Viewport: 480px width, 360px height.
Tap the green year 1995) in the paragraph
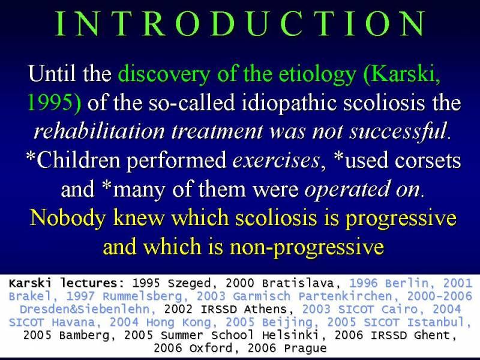[x=55, y=102]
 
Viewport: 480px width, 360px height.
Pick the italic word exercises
[x=275, y=160]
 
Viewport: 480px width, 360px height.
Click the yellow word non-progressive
[x=307, y=247]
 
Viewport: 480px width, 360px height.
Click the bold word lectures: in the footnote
[x=92, y=283]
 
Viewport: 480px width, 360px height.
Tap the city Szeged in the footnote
[x=189, y=283]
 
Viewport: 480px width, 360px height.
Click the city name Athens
[x=265, y=309]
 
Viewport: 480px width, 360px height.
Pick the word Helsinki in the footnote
[x=290, y=335]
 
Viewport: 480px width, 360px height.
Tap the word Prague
[x=305, y=349]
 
